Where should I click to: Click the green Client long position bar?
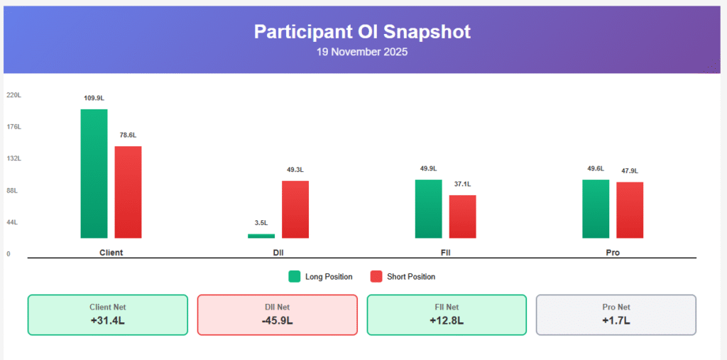pyautogui.click(x=94, y=173)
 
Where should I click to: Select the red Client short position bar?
pyautogui.click(x=129, y=192)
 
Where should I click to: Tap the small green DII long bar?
pyautogui.click(x=261, y=236)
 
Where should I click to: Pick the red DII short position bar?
pyautogui.click(x=295, y=209)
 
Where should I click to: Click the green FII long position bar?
pyautogui.click(x=429, y=209)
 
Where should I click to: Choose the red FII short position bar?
pyautogui.click(x=463, y=217)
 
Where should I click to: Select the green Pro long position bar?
pyautogui.click(x=596, y=209)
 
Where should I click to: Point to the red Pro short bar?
pyautogui.click(x=630, y=210)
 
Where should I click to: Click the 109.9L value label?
pyautogui.click(x=94, y=98)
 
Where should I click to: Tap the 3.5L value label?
pyautogui.click(x=261, y=223)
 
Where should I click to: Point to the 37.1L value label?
pyautogui.click(x=463, y=184)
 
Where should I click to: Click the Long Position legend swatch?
pyautogui.click(x=294, y=276)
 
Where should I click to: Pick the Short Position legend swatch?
pyautogui.click(x=376, y=276)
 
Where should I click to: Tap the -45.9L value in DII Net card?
pyautogui.click(x=277, y=320)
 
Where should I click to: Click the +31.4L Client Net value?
pyautogui.click(x=108, y=320)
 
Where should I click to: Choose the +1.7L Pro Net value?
pyautogui.click(x=616, y=320)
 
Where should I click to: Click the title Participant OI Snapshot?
pyautogui.click(x=362, y=31)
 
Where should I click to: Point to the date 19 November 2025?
pyautogui.click(x=362, y=52)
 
